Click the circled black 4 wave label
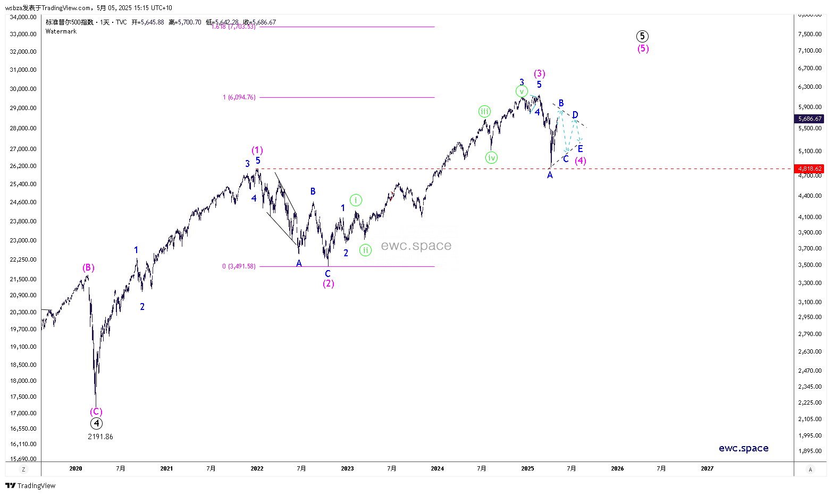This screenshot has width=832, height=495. pyautogui.click(x=96, y=424)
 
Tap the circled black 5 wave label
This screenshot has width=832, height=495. pyautogui.click(x=642, y=36)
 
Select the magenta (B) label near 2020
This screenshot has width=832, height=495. pyautogui.click(x=88, y=268)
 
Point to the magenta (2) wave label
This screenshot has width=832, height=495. pyautogui.click(x=329, y=284)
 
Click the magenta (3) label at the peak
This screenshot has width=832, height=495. pyautogui.click(x=540, y=73)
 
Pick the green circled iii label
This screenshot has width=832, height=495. pyautogui.click(x=484, y=111)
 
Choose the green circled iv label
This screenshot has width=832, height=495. pyautogui.click(x=491, y=157)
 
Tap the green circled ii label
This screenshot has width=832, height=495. pyautogui.click(x=365, y=250)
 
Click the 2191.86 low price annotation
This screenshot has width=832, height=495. pyautogui.click(x=100, y=437)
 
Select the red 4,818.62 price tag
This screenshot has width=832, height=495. pyautogui.click(x=810, y=169)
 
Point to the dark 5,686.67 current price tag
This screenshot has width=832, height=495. pyautogui.click(x=810, y=119)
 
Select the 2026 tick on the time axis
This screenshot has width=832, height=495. pyautogui.click(x=617, y=468)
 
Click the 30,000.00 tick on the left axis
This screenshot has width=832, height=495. pyautogui.click(x=23, y=89)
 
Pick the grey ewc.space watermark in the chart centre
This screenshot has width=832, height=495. pyautogui.click(x=416, y=246)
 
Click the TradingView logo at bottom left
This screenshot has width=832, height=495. pyautogui.click(x=30, y=485)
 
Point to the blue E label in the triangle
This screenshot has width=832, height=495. pyautogui.click(x=581, y=149)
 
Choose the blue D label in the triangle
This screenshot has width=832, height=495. pyautogui.click(x=575, y=115)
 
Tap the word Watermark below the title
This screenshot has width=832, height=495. pyautogui.click(x=61, y=31)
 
